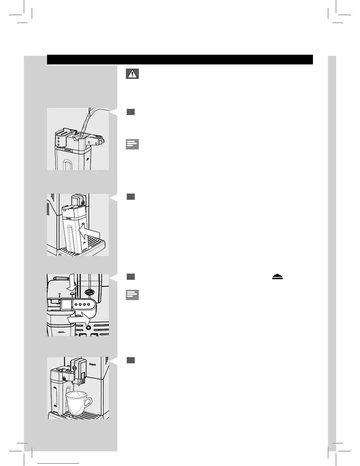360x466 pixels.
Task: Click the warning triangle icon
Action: (x=132, y=74)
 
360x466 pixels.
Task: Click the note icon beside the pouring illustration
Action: (x=132, y=144)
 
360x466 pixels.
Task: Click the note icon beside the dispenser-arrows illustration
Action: (x=132, y=295)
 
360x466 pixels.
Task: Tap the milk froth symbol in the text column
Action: (x=277, y=277)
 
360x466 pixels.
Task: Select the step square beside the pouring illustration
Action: (x=131, y=112)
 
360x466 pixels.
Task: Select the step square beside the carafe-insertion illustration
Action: (x=131, y=197)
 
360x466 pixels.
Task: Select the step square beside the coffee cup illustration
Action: (x=131, y=360)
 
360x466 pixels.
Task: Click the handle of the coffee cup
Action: (x=88, y=402)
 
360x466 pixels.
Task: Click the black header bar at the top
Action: (x=180, y=59)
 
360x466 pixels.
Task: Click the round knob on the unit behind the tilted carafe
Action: (x=83, y=202)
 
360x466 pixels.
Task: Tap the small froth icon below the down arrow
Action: (x=71, y=294)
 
